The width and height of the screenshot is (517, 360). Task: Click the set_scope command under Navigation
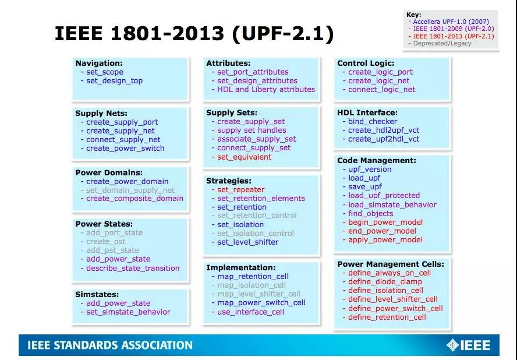[x=105, y=72]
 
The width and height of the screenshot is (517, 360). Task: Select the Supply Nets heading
[x=101, y=113]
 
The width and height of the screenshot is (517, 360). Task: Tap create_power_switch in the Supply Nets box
[x=125, y=149]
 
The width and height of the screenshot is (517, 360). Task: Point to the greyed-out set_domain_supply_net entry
[x=130, y=190]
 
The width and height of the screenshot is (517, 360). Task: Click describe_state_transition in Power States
[x=133, y=269]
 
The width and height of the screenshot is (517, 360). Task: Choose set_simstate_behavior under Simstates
[x=128, y=312]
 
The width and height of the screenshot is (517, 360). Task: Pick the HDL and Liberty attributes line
[x=266, y=90]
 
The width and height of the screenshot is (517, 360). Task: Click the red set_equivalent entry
[x=244, y=157]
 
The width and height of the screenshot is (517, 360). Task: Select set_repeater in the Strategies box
[x=240, y=190]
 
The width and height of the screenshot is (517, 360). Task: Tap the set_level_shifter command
[x=247, y=242]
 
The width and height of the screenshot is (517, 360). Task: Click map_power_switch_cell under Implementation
[x=261, y=302]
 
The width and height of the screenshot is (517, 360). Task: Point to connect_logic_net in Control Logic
[x=381, y=90]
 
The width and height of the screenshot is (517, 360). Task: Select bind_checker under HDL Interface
[x=373, y=121]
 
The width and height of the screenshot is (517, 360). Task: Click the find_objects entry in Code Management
[x=371, y=213]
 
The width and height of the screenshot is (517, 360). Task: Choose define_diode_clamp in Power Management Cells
[x=385, y=281]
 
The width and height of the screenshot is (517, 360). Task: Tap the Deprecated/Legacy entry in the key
[x=442, y=43]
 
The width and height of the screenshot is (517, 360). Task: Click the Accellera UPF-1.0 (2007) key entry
[x=451, y=22]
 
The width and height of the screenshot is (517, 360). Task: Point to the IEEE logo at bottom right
[x=468, y=345]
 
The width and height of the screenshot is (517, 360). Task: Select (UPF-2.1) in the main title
[x=283, y=33]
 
